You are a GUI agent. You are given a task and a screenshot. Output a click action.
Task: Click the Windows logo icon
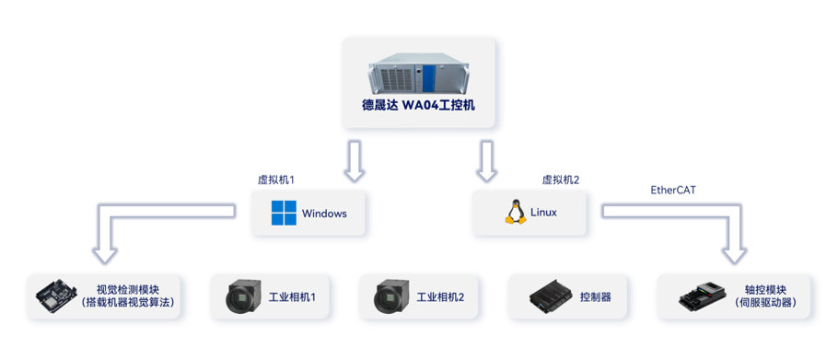(284, 213)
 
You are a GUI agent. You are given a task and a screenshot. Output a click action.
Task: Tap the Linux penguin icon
(515, 212)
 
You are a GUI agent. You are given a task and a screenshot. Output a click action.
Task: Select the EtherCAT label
(673, 190)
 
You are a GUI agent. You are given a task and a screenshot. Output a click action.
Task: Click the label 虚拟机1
(276, 180)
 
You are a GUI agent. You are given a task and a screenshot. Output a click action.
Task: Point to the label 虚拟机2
(561, 180)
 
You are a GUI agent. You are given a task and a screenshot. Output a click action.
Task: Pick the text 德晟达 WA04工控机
(418, 105)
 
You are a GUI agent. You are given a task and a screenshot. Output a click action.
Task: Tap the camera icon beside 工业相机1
(243, 296)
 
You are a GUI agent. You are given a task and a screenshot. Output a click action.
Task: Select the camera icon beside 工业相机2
(391, 296)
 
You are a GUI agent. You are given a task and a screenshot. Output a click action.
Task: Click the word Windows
(324, 214)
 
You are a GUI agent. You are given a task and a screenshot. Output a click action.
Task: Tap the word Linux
(543, 213)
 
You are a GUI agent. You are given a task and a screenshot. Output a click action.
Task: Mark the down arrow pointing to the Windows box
(354, 161)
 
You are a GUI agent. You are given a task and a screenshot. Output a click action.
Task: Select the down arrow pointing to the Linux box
(486, 161)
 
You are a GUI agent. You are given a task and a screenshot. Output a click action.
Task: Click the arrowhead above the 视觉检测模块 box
(105, 255)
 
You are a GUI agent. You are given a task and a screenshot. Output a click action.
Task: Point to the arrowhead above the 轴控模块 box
(734, 255)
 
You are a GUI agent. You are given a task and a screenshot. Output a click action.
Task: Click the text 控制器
(596, 297)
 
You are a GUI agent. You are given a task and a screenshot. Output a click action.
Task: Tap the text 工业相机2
(440, 297)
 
